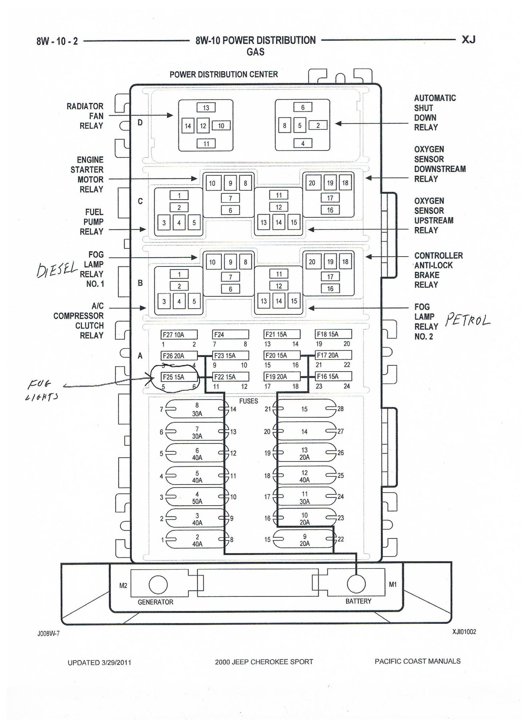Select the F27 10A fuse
click(x=179, y=334)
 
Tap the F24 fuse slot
click(x=230, y=334)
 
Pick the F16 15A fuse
click(x=333, y=376)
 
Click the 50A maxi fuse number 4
click(x=197, y=497)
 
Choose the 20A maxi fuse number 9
click(x=305, y=540)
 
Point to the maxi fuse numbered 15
click(x=305, y=409)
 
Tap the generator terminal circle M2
click(x=158, y=585)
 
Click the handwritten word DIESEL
click(x=57, y=269)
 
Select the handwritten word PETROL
click(x=468, y=320)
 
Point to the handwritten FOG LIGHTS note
click(x=42, y=390)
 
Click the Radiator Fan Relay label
click(x=85, y=116)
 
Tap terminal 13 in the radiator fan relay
click(x=206, y=108)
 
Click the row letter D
click(x=140, y=122)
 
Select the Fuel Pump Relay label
click(x=92, y=222)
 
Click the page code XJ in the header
click(x=468, y=40)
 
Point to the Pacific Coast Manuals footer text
click(x=417, y=661)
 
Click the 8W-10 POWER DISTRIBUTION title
click(x=255, y=40)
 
